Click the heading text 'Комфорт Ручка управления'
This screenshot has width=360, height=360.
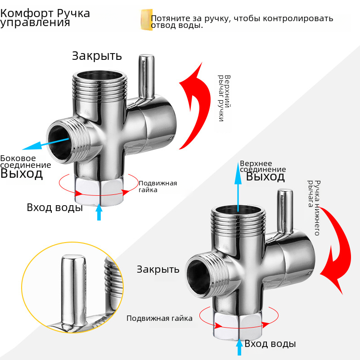click(x=45, y=18)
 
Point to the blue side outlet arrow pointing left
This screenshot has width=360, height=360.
click(x=43, y=144)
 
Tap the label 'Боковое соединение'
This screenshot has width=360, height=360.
click(x=25, y=162)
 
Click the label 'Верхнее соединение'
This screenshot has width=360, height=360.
click(x=263, y=166)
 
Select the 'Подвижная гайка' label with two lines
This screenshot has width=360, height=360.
click(x=157, y=186)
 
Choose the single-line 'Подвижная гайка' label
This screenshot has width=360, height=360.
click(x=159, y=318)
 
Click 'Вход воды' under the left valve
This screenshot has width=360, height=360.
click(x=54, y=207)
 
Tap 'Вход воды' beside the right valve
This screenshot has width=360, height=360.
click(x=270, y=344)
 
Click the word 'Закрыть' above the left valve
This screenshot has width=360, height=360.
click(x=97, y=56)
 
